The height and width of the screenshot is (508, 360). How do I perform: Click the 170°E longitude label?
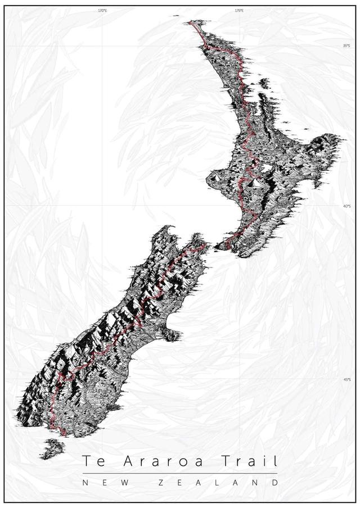(x=102, y=11)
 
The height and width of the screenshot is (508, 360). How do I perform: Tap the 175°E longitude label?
(x=239, y=11)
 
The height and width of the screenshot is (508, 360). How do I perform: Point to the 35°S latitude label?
(x=346, y=46)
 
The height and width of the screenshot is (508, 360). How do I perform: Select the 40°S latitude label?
(x=346, y=206)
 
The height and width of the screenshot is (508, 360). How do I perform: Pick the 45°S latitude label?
(x=346, y=380)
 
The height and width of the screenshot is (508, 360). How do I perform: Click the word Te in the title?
(x=92, y=461)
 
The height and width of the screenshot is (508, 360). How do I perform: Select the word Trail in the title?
(x=249, y=461)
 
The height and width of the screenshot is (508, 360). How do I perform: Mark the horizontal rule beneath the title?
(x=180, y=474)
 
